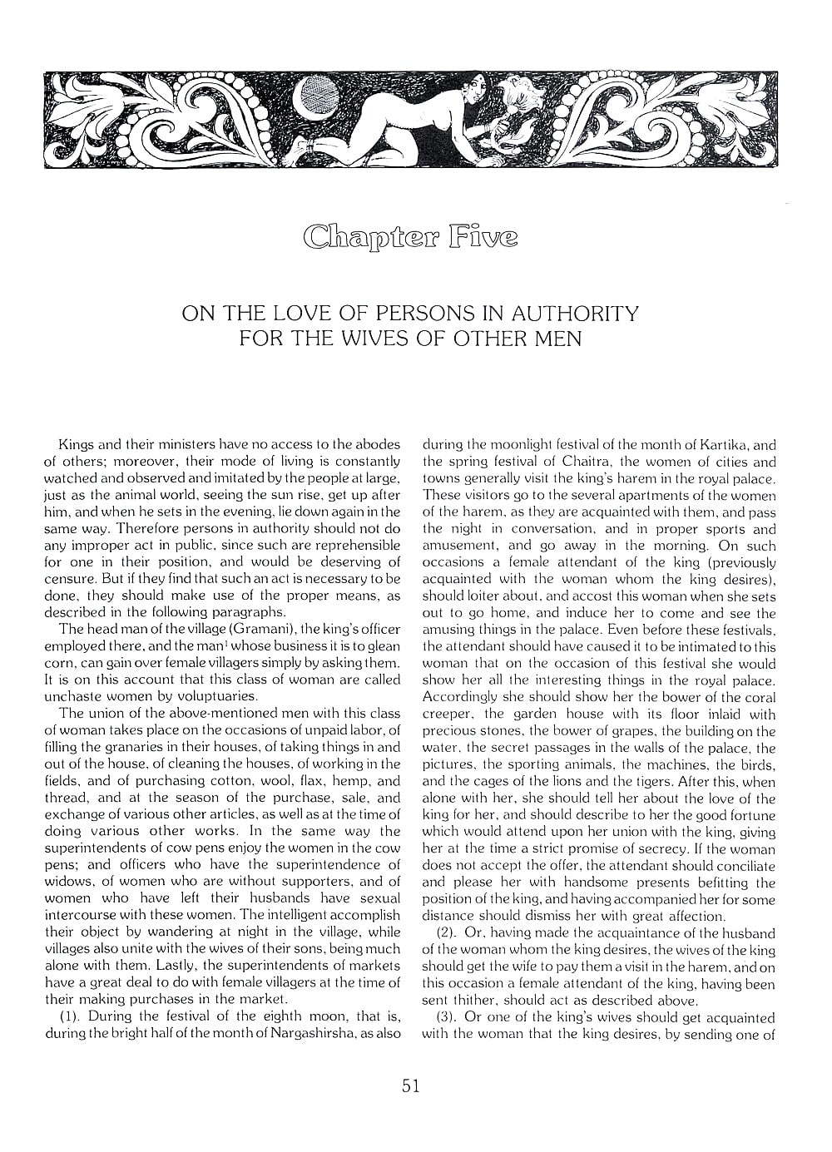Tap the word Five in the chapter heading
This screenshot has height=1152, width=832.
pos(483,237)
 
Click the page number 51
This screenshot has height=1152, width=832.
pos(409,1085)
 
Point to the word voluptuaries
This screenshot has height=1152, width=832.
pos(218,696)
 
